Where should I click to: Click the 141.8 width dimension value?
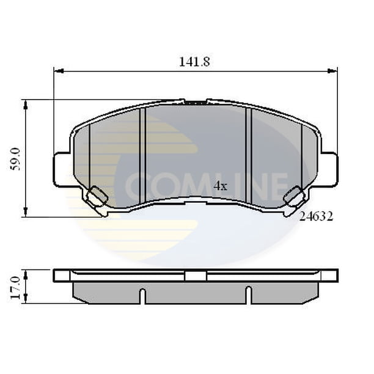point(194,62)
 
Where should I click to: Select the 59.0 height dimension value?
point(16,159)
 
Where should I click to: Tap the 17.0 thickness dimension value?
point(16,288)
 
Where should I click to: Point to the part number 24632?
point(316,216)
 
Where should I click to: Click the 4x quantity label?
point(221,186)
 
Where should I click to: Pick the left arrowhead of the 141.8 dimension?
point(59,71)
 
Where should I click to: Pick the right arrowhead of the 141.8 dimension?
point(332,71)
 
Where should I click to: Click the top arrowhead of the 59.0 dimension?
point(26,105)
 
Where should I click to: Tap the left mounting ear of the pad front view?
point(62,169)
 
